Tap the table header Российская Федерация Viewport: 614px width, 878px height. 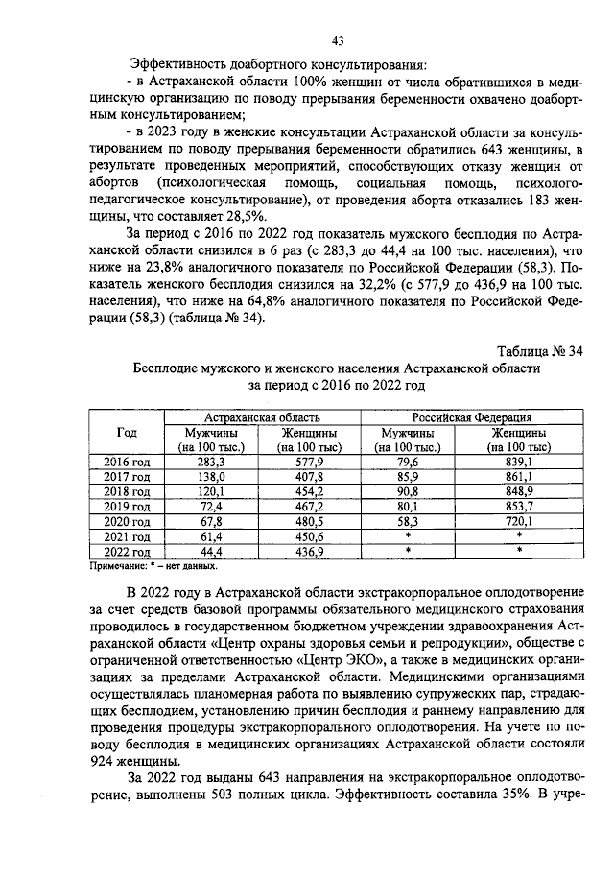pyautogui.click(x=472, y=417)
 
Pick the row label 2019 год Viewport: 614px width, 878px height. pyautogui.click(x=126, y=506)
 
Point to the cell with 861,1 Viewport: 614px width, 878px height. pyautogui.click(x=518, y=476)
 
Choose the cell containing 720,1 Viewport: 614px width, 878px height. pyautogui.click(x=518, y=521)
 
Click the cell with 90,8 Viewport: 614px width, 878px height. pyautogui.click(x=408, y=491)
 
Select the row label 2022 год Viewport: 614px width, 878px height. pyautogui.click(x=126, y=552)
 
